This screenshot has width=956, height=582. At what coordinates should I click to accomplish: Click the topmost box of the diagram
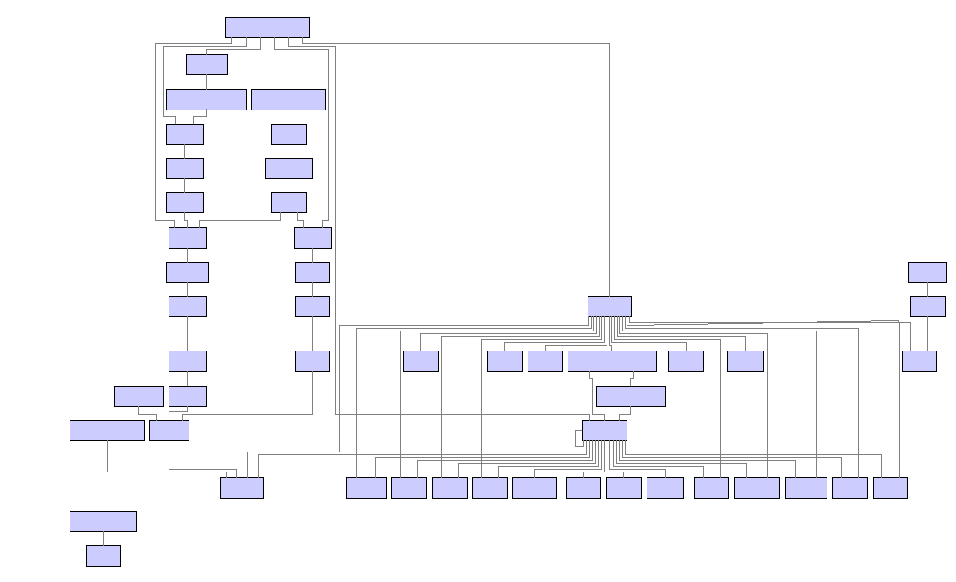coord(268,28)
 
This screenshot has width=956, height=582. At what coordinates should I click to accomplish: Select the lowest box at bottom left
coord(103,555)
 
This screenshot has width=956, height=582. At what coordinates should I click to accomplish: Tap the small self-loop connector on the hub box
coord(577,437)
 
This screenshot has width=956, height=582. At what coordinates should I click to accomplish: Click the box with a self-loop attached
coord(605,431)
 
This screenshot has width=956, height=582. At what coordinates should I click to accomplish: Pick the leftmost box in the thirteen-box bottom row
coord(366,488)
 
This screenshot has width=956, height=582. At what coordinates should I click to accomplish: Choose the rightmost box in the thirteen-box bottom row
coord(890,488)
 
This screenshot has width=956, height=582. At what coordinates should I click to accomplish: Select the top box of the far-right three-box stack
coord(927,272)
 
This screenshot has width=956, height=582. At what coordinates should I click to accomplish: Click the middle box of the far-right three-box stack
coord(927,307)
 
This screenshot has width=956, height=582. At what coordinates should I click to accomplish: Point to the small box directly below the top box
coord(207,65)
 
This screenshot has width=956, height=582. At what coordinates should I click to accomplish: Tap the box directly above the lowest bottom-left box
coord(103,521)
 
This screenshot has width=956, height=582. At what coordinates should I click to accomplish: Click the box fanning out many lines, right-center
coord(609,307)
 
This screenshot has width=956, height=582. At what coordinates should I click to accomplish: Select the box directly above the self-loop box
coord(630,396)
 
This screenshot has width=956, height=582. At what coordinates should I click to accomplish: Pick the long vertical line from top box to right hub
coord(609,171)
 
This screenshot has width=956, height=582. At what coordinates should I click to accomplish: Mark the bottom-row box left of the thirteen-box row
coord(242,488)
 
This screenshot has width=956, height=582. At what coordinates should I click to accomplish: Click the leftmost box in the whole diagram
coord(107,431)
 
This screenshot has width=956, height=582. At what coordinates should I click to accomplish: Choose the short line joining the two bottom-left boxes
coord(103,538)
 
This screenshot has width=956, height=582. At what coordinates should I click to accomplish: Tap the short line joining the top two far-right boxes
coord(927,290)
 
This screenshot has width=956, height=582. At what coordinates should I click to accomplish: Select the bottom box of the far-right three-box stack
coord(919,362)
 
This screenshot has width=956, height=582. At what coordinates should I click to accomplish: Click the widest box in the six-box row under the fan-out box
coord(612,362)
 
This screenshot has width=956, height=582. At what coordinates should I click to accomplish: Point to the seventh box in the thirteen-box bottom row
coord(624,488)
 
